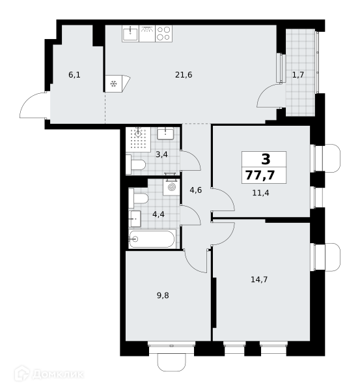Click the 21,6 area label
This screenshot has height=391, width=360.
pyautogui.click(x=184, y=75)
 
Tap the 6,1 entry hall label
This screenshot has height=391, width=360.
pyautogui.click(x=74, y=74)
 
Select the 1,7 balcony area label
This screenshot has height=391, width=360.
pyautogui.click(x=298, y=74)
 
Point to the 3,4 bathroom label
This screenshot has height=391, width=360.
pyautogui.click(x=161, y=154)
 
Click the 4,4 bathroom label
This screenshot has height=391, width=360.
pyautogui.click(x=158, y=214)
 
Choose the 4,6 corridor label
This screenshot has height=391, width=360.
pyautogui.click(x=195, y=190)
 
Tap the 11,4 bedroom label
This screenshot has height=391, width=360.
pyautogui.click(x=260, y=193)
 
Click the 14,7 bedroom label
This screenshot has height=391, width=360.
pyautogui.click(x=259, y=280)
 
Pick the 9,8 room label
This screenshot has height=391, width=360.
pyautogui.click(x=163, y=295)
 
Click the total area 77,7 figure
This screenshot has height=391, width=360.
pyautogui.click(x=260, y=175)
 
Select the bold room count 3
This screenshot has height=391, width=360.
pyautogui.click(x=266, y=159)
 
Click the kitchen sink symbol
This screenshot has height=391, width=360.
pyautogui.click(x=130, y=33)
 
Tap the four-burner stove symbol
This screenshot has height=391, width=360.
pyautogui.click(x=164, y=33)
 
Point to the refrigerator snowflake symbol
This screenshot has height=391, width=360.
pyautogui.click(x=114, y=84)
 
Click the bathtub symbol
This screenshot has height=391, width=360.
pyautogui.click(x=152, y=239)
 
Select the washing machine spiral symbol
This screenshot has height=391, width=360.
pyautogui.click(x=172, y=187)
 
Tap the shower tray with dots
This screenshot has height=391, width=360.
pyautogui.click(x=138, y=139)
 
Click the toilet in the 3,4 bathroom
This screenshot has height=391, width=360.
pyautogui.click(x=136, y=165)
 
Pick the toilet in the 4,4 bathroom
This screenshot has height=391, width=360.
pyautogui.click(x=138, y=199)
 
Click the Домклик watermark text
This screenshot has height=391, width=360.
pyautogui.click(x=58, y=374)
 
